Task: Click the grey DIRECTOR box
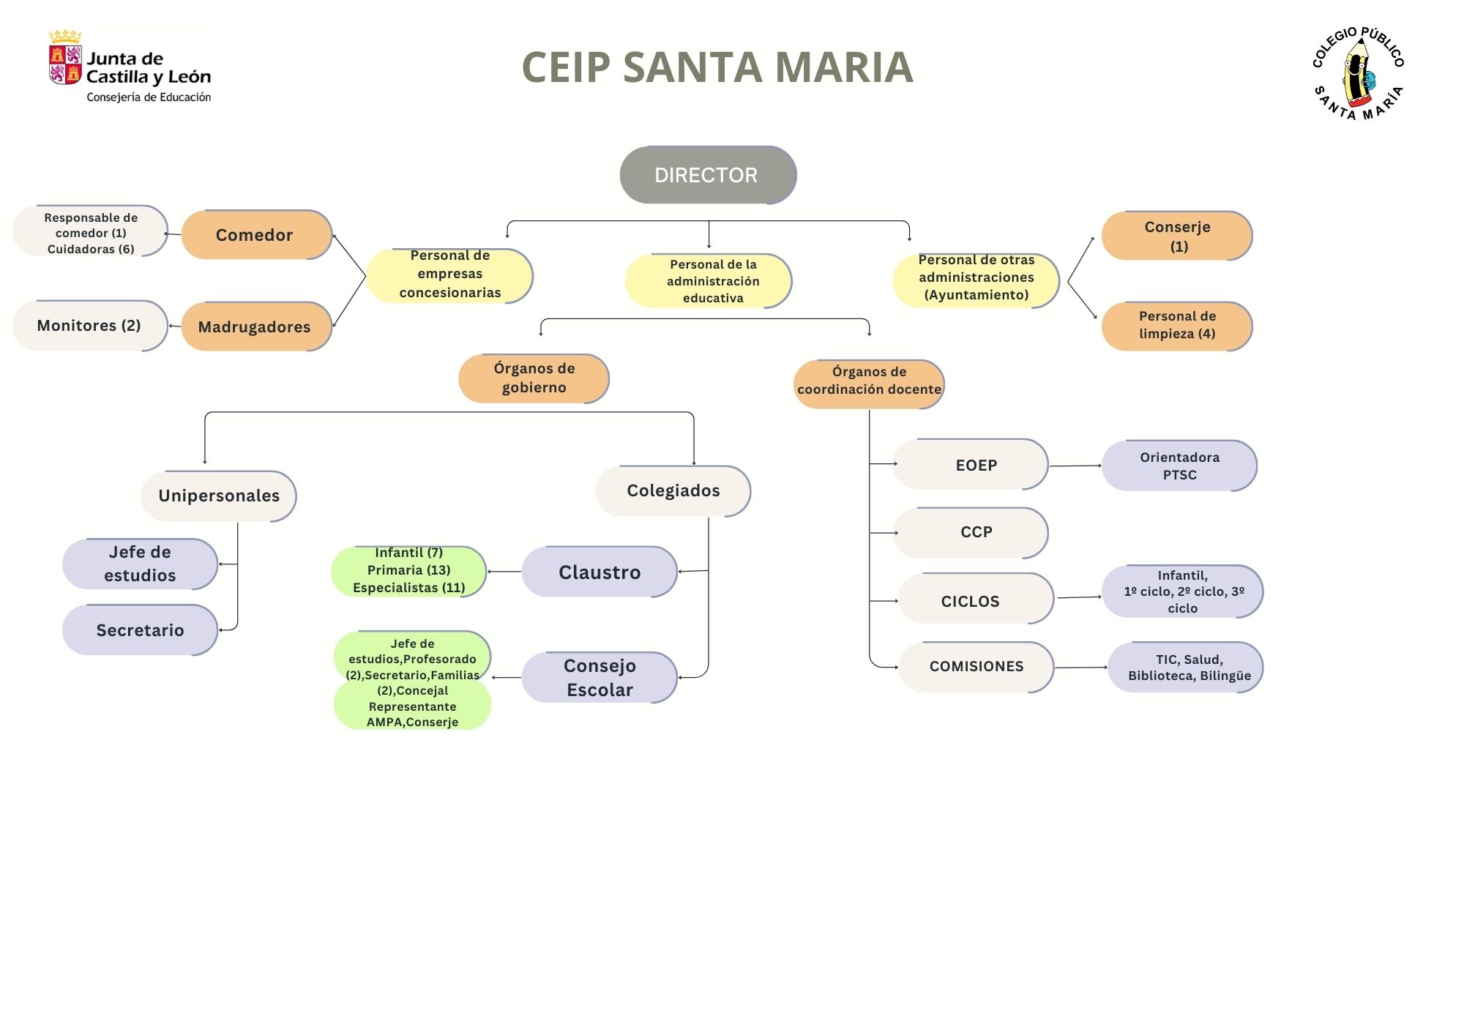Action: tap(707, 175)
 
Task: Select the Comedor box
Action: tap(255, 235)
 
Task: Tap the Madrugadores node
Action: tap(255, 326)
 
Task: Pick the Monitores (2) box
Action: tap(89, 326)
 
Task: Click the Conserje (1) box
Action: tap(1176, 236)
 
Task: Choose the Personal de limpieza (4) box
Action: tap(1176, 326)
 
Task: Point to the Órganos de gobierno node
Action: tap(534, 378)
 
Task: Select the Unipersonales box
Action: tap(218, 496)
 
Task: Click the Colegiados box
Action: tap(673, 490)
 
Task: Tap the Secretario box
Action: tap(140, 629)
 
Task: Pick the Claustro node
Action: tap(599, 572)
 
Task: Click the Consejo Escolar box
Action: tap(599, 677)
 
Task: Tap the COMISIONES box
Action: tap(976, 667)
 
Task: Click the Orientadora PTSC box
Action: tap(1179, 466)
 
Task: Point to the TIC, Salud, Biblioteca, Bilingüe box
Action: tap(1184, 667)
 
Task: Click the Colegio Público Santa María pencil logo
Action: tap(1358, 73)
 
